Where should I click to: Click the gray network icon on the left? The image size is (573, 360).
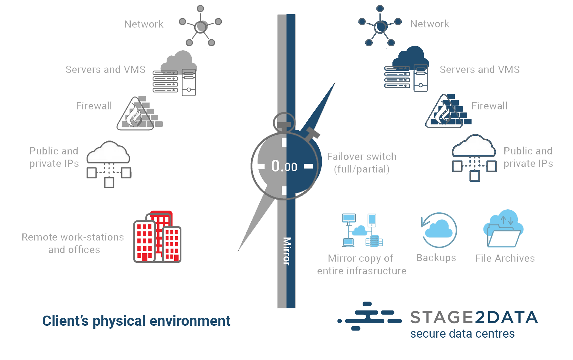point(201,26)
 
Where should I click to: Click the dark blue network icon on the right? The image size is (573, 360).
point(380,26)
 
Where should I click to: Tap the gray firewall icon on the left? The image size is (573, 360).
point(139,114)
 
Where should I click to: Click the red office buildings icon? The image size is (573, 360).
point(157,237)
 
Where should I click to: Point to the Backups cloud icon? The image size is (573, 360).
point(439,230)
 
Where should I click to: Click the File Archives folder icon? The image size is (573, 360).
point(503,229)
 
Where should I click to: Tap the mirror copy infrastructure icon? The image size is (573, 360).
point(362,230)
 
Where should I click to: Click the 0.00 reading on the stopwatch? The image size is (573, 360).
point(284,166)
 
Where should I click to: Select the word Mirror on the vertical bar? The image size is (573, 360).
point(287,251)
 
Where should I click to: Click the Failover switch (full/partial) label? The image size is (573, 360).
point(361,163)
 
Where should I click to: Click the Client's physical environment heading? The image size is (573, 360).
point(136,321)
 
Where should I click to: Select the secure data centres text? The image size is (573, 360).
point(462,333)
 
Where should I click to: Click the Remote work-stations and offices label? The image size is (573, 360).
point(73,243)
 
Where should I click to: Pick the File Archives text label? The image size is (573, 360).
point(505,258)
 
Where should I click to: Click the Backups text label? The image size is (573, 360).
point(436,258)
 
